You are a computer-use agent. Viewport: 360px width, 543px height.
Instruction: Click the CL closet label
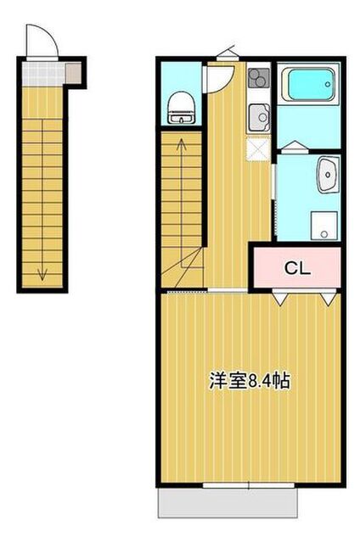point(297,268)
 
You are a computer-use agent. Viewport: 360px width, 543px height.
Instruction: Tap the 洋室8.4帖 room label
point(250,381)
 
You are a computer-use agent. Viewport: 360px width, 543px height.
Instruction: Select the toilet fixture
point(181,108)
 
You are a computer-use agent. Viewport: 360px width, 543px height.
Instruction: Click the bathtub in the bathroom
point(308,84)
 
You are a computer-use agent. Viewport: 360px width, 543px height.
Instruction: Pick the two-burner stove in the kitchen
point(259,78)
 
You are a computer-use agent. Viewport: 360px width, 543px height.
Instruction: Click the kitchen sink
point(259,118)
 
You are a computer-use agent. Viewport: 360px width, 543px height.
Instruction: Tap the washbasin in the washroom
point(328,175)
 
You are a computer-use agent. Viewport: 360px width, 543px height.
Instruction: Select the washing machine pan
point(324,226)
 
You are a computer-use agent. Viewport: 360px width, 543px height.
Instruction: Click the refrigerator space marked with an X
point(258,149)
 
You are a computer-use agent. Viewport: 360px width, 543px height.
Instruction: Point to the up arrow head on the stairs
point(181,143)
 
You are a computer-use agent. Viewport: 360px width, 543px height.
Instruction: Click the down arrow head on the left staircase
point(42,275)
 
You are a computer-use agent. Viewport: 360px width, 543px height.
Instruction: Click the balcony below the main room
point(228,503)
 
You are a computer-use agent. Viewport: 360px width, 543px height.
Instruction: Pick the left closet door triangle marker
point(280,299)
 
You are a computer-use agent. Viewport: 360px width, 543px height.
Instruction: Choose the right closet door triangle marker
point(328,299)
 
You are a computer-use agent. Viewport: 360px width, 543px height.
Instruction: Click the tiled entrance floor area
point(43,74)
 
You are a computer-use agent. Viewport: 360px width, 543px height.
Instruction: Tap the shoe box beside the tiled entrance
point(74,73)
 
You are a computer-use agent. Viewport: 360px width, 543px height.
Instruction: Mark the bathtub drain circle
point(328,84)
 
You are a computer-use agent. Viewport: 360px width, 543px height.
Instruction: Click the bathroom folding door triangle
point(294,147)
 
